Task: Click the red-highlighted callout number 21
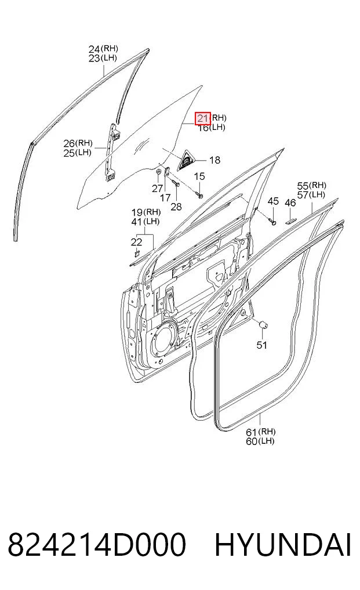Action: pos(202,118)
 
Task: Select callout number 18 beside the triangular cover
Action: pos(214,160)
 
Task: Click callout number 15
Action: pos(199,176)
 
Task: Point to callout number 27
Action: pos(158,189)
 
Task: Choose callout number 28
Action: pos(176,206)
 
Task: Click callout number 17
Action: pos(165,198)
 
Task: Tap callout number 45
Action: pos(273,201)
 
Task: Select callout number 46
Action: pos(290,203)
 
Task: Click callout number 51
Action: pos(261,345)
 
